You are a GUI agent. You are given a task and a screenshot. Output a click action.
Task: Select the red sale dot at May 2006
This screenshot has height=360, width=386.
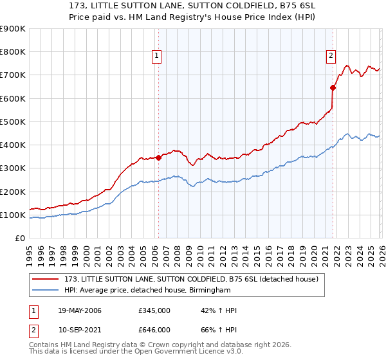[158, 157]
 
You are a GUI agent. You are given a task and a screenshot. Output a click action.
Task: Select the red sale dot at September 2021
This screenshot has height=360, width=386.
[333, 87]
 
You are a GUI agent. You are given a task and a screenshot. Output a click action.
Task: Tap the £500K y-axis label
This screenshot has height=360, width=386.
[13, 122]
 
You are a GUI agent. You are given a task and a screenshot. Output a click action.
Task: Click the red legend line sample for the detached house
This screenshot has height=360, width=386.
[46, 279]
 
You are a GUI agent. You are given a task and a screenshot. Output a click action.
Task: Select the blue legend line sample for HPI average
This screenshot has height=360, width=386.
[46, 291]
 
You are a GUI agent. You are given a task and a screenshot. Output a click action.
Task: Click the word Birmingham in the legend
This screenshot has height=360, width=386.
[209, 291]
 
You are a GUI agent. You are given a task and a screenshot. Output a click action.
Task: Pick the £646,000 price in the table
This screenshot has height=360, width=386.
[155, 329]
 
